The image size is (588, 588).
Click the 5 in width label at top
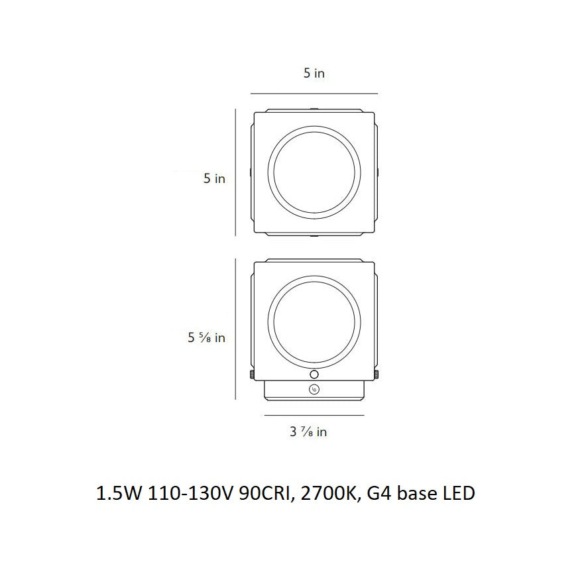[314, 73]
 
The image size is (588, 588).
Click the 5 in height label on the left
[214, 178]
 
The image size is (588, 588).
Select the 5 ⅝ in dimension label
[206, 337]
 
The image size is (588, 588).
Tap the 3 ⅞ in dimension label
[308, 432]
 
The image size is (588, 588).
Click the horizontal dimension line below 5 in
[314, 93]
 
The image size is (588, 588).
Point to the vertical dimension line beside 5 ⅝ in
[235, 329]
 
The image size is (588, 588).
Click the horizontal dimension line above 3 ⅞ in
[314, 415]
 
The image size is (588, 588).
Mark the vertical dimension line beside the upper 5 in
[235, 172]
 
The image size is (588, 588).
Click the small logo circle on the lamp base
[314, 390]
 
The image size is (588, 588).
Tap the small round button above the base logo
[314, 375]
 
